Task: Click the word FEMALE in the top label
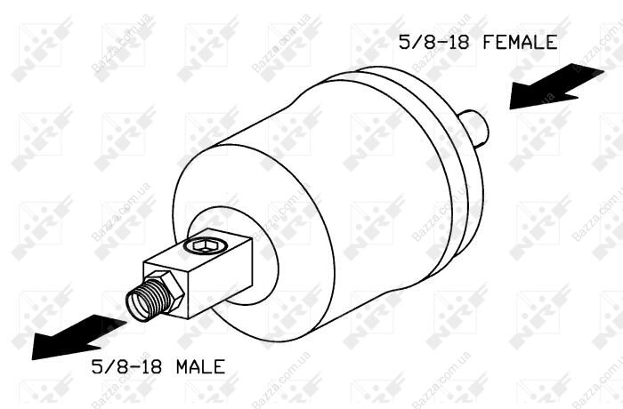520,42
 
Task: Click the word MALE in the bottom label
200,366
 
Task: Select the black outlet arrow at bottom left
78,337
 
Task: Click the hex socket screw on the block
206,246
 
